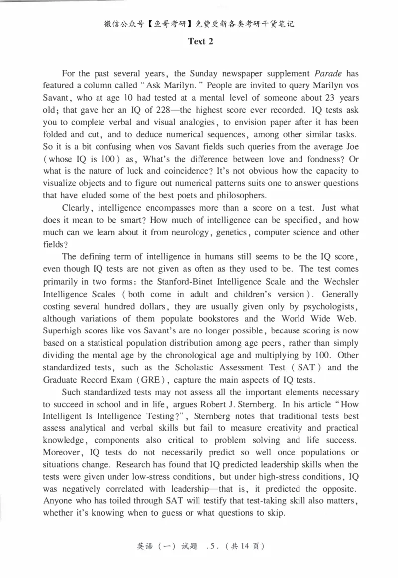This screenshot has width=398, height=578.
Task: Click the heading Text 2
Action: (x=200, y=42)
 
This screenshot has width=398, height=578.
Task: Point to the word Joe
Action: (x=350, y=147)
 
